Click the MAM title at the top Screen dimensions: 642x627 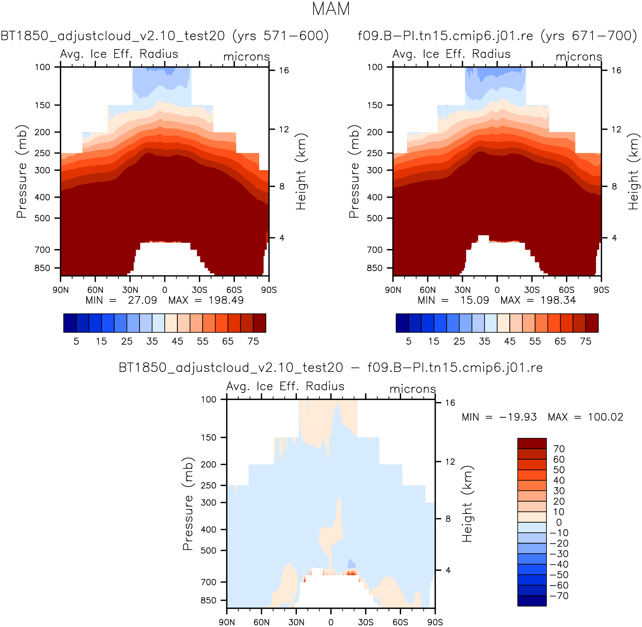pos(331,9)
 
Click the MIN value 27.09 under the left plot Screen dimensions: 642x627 pos(142,300)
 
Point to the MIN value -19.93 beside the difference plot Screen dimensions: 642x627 pos(518,417)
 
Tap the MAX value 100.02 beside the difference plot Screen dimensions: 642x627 pos(606,417)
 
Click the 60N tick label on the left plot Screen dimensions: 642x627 pos(95,290)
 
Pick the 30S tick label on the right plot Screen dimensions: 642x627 pos(532,290)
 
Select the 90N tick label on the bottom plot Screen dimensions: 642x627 pos(227,622)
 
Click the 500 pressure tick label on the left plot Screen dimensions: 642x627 pos(42,218)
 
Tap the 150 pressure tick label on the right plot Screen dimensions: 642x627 pos(375,105)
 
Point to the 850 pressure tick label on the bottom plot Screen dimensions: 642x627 pos(209,600)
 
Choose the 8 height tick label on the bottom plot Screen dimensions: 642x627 pos(448,519)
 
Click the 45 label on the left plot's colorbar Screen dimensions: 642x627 pos(177,341)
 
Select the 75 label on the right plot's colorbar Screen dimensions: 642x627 pos(586,341)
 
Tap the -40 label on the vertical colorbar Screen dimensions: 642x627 pos(559,564)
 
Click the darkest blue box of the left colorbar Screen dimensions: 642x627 pos(70,323)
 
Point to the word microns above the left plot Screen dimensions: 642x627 pos(247,57)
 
